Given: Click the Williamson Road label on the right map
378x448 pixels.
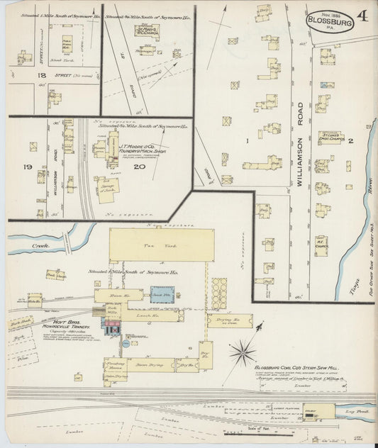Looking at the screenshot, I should click(x=300, y=139).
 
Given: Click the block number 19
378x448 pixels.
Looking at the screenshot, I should click(x=28, y=167).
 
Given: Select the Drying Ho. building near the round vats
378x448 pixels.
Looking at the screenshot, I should click(x=228, y=320).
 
